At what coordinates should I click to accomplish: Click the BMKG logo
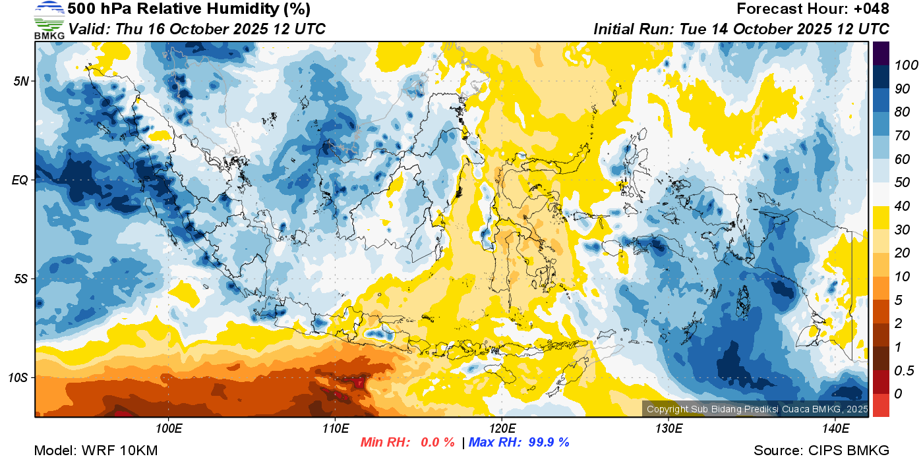point(49,20)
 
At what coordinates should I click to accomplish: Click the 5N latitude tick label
point(22,81)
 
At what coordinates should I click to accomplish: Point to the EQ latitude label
point(21,180)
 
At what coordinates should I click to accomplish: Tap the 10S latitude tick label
point(20,377)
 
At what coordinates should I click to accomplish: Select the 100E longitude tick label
point(169,429)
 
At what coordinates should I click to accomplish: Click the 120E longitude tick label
point(502,429)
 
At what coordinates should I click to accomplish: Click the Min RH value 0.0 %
point(438,442)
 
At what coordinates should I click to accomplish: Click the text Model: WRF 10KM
point(96,451)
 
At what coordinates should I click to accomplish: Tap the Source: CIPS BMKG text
point(821,451)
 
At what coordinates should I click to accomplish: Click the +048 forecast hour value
point(871,9)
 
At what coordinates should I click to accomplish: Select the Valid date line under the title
point(196,29)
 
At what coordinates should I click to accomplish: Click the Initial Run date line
point(741,29)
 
